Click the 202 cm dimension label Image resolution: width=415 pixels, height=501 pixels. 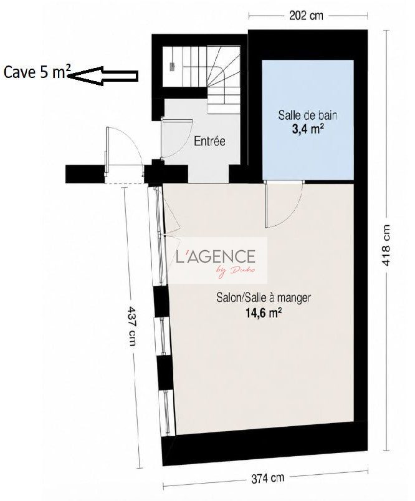pos(306,16)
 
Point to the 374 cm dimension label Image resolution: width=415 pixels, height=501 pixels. pos(267,478)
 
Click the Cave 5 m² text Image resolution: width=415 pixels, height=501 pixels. pos(37,72)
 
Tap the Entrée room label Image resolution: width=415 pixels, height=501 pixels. pos(210,141)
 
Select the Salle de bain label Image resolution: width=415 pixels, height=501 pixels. pos(308,115)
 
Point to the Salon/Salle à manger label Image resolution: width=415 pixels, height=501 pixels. pos(264,298)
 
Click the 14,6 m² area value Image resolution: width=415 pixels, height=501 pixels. pos(264,313)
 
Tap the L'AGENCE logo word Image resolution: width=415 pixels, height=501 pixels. pos(216,256)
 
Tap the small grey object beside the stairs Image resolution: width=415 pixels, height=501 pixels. pos(173,67)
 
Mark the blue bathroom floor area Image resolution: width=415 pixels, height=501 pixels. pos(308,120)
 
